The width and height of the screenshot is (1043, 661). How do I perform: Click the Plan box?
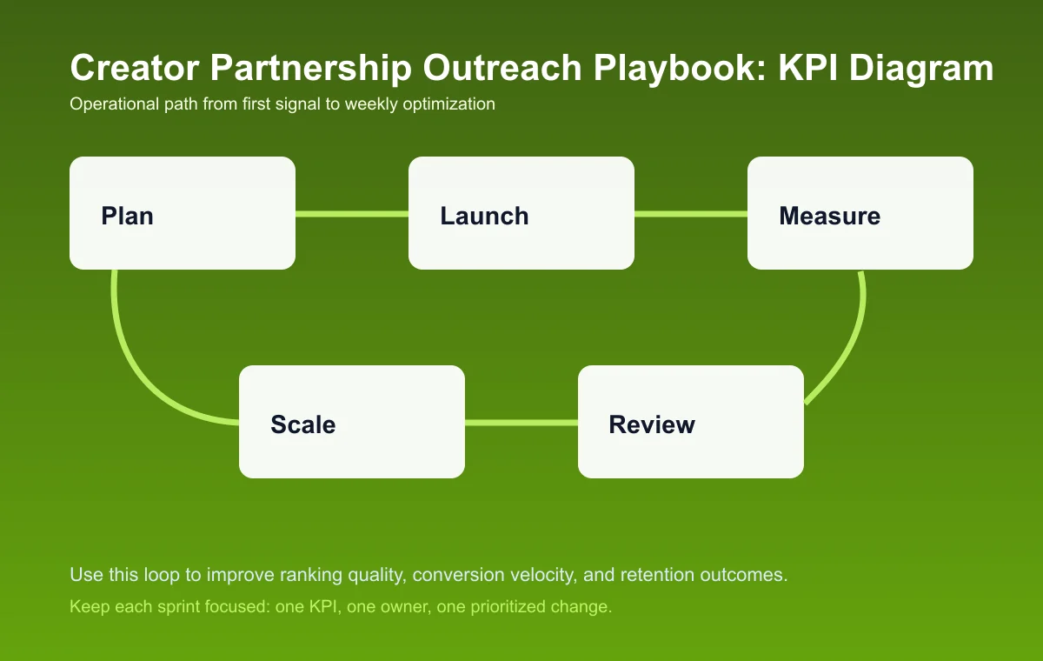pyautogui.click(x=183, y=213)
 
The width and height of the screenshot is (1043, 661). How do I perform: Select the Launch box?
pyautogui.click(x=521, y=213)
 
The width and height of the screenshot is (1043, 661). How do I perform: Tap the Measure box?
pyautogui.click(x=860, y=213)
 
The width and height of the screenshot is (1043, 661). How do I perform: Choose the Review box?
pyautogui.click(x=691, y=422)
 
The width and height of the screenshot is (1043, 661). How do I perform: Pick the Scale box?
pyautogui.click(x=352, y=422)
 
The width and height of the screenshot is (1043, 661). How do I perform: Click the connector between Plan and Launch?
pyautogui.click(x=352, y=213)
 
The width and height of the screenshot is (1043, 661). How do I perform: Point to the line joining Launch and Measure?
pyautogui.click(x=691, y=213)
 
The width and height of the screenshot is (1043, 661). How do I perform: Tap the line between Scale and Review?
pyautogui.click(x=521, y=423)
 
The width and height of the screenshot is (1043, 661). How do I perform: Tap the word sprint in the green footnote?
pyautogui.click(x=178, y=607)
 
